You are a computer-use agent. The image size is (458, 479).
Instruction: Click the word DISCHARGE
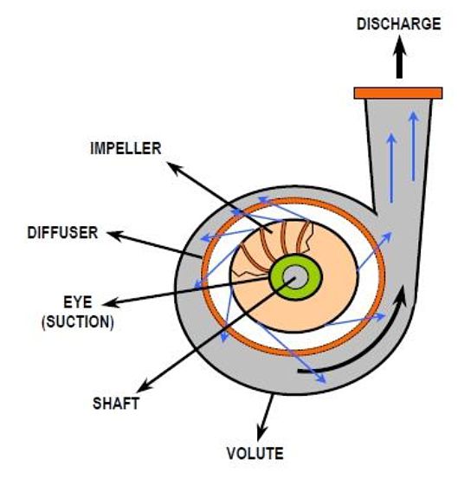pos(399,24)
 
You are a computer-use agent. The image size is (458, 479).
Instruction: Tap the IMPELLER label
pos(126,148)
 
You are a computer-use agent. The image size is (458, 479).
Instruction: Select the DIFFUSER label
pos(62,233)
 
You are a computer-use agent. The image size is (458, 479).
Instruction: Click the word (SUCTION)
pos(78,322)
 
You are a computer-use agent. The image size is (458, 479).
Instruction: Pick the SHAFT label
pos(116,404)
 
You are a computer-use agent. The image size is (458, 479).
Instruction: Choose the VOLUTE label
pos(255,453)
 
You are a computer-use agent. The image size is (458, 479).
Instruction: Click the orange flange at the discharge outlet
pos(398,93)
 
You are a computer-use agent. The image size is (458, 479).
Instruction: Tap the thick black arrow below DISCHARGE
pos(399,57)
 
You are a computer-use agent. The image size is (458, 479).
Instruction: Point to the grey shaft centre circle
pos(295,277)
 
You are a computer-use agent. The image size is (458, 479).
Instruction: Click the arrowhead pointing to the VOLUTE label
pos(261,434)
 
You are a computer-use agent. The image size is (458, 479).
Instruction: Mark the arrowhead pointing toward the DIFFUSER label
pos(114,236)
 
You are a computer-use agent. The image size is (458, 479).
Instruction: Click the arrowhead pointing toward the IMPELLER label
pos(174,169)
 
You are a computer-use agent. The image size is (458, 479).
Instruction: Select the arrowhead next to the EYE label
pos(111,303)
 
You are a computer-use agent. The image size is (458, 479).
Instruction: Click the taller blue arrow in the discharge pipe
pos(413,146)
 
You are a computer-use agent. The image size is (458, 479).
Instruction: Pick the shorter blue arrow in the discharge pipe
pos(391,168)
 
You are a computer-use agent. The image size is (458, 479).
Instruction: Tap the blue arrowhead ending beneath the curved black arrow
pos(322,379)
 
